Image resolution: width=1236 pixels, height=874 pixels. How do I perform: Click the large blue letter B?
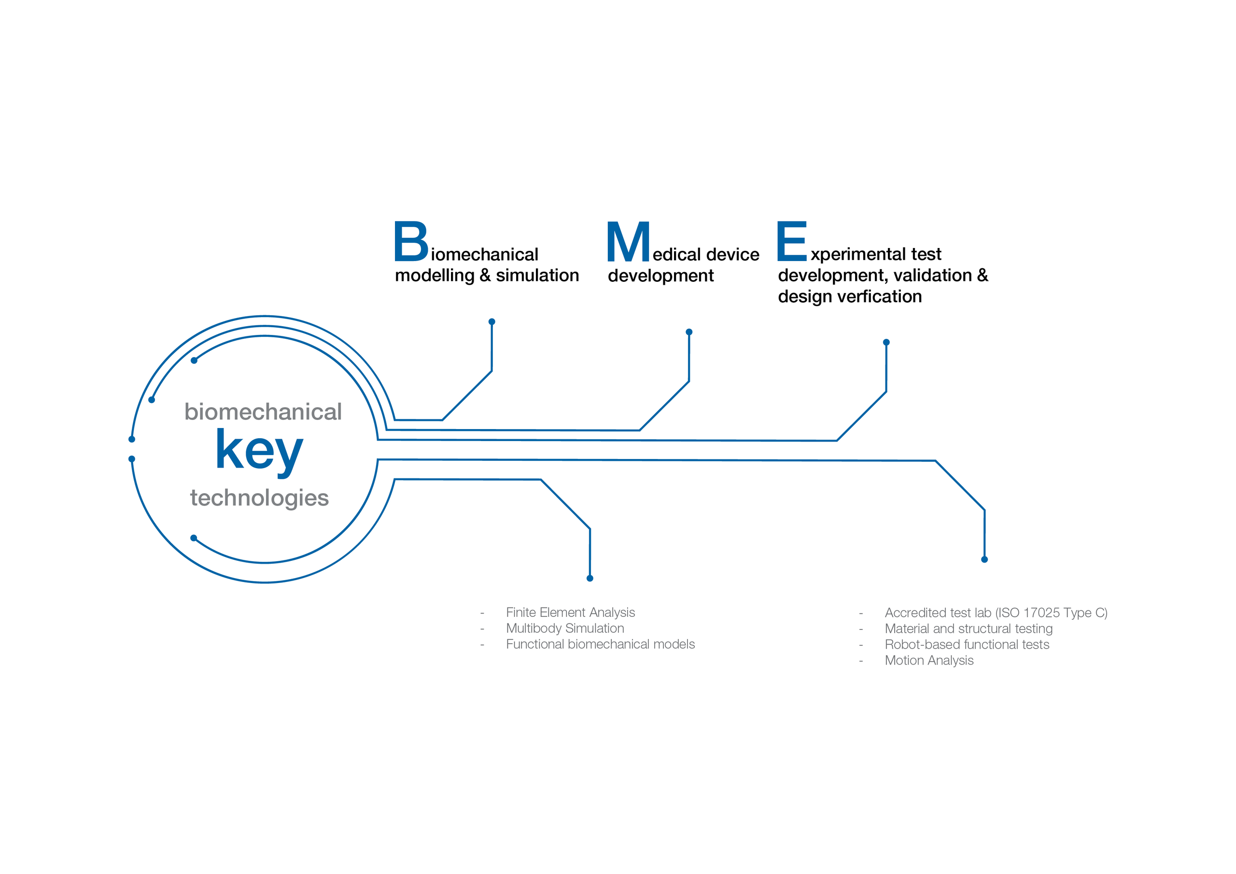click(411, 241)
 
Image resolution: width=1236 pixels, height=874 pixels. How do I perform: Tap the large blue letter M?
click(628, 241)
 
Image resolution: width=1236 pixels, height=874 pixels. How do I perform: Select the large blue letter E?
click(791, 241)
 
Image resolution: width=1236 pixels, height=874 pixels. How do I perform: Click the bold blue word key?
click(259, 452)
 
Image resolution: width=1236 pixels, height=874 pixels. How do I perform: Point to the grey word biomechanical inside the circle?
click(263, 412)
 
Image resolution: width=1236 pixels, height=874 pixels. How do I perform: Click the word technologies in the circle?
click(259, 498)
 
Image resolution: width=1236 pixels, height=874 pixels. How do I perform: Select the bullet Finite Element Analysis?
click(571, 612)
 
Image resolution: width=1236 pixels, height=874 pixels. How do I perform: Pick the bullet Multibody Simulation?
click(565, 628)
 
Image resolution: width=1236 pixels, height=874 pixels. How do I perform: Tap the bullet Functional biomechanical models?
click(600, 644)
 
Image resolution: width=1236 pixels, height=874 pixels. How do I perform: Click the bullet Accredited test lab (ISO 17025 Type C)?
click(996, 612)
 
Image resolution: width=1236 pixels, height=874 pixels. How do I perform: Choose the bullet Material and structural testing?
click(969, 628)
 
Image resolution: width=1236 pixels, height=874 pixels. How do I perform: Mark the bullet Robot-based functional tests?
click(967, 644)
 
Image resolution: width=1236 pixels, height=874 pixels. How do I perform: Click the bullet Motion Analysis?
click(929, 660)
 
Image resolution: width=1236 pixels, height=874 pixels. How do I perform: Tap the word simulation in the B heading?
click(537, 275)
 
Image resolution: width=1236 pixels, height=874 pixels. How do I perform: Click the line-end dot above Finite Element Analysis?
click(590, 579)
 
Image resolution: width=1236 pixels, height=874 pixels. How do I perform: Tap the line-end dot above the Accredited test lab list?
click(984, 560)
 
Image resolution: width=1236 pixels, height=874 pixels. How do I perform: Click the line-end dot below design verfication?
click(886, 342)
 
